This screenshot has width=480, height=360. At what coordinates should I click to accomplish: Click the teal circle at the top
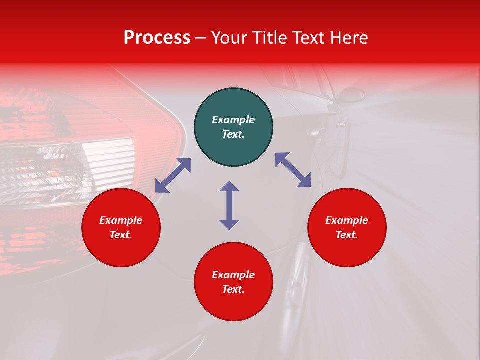coord(233,127)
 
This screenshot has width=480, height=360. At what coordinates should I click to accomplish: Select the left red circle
coord(121,228)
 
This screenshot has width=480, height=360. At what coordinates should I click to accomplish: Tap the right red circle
coord(347,228)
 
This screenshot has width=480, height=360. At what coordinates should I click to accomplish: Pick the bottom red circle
coord(233,282)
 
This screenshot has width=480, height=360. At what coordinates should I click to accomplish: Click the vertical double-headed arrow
coord(229,205)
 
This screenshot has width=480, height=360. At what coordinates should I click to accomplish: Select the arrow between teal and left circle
coord(173,175)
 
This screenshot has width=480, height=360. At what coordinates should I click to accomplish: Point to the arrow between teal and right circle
coord(293,170)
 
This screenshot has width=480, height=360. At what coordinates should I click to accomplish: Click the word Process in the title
coord(157,38)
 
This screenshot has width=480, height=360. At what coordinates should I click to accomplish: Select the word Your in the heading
coord(229,38)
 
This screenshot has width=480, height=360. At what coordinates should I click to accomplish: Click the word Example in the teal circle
coord(233,120)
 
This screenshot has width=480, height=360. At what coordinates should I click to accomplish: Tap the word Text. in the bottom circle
coord(233,289)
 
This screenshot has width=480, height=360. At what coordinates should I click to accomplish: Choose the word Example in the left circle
coord(121,220)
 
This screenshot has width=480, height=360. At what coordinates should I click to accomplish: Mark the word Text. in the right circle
coord(347,235)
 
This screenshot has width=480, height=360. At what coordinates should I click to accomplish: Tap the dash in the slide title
coord(201,38)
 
